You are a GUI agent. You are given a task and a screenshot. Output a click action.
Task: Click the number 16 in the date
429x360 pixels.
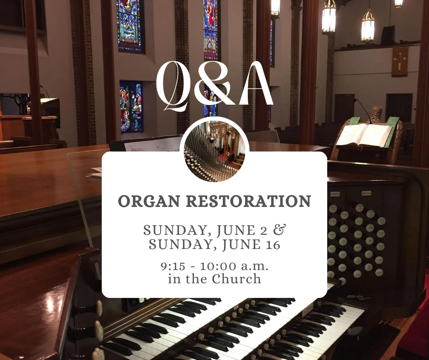click(270, 245)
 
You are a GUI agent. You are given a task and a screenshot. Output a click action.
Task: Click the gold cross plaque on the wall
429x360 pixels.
click(399, 61)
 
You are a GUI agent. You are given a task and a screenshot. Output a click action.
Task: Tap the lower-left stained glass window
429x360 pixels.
click(131, 106)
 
